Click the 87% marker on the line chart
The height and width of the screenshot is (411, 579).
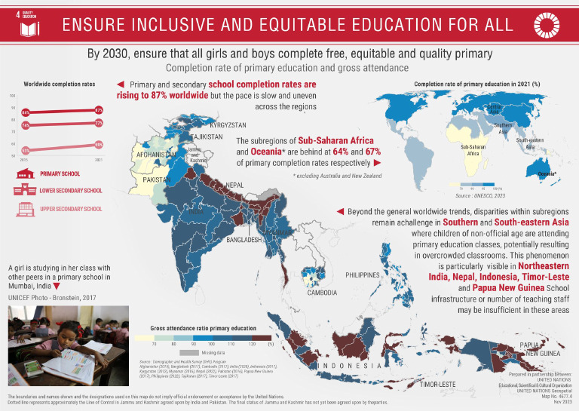click(x=99, y=110)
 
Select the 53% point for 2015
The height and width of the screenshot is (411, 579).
click(x=26, y=150)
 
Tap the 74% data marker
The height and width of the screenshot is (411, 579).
click(x=26, y=124)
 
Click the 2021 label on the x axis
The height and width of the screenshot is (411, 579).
click(x=99, y=160)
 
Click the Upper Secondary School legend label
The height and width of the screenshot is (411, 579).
click(x=71, y=209)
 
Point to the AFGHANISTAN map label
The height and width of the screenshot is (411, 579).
click(x=155, y=155)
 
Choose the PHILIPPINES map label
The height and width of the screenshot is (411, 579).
click(x=362, y=275)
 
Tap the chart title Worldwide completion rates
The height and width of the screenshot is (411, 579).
click(x=60, y=84)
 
